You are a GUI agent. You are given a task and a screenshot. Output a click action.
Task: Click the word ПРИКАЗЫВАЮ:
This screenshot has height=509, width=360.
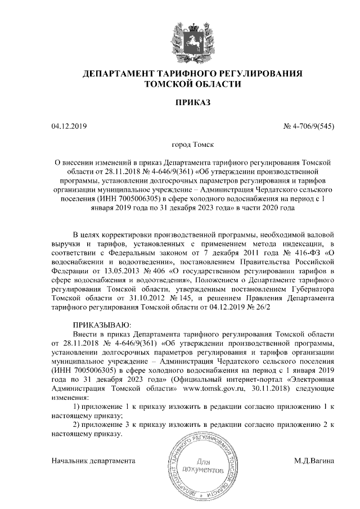(x=102, y=325)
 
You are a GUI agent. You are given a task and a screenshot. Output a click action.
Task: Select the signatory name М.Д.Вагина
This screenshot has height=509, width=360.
(x=314, y=461)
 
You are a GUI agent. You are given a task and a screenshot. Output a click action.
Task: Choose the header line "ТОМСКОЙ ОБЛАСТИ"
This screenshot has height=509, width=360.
(x=193, y=84)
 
